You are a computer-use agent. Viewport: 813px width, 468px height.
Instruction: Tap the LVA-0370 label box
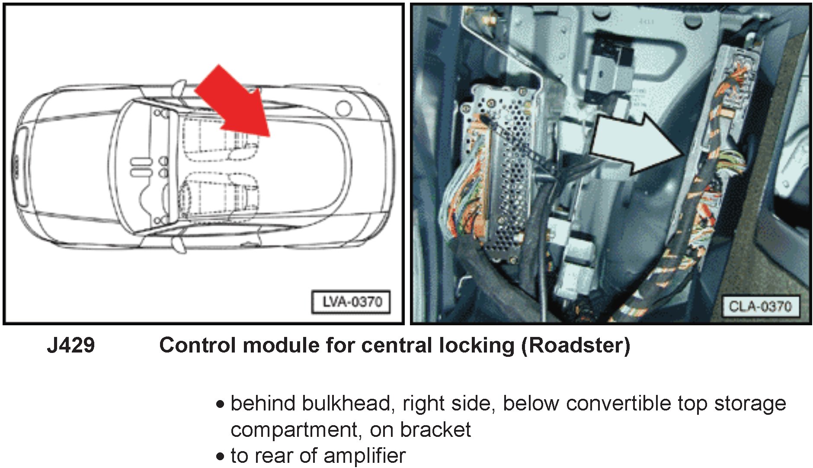pyautogui.click(x=351, y=301)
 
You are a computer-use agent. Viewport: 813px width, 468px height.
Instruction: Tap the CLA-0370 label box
pyautogui.click(x=760, y=306)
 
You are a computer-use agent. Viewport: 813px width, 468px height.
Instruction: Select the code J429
pyautogui.click(x=71, y=346)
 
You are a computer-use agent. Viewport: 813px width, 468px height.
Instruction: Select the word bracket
pyautogui.click(x=435, y=430)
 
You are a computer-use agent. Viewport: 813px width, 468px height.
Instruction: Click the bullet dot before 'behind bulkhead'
pyautogui.click(x=221, y=405)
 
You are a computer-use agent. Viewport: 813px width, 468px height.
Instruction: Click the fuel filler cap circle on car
pyautogui.click(x=344, y=108)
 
